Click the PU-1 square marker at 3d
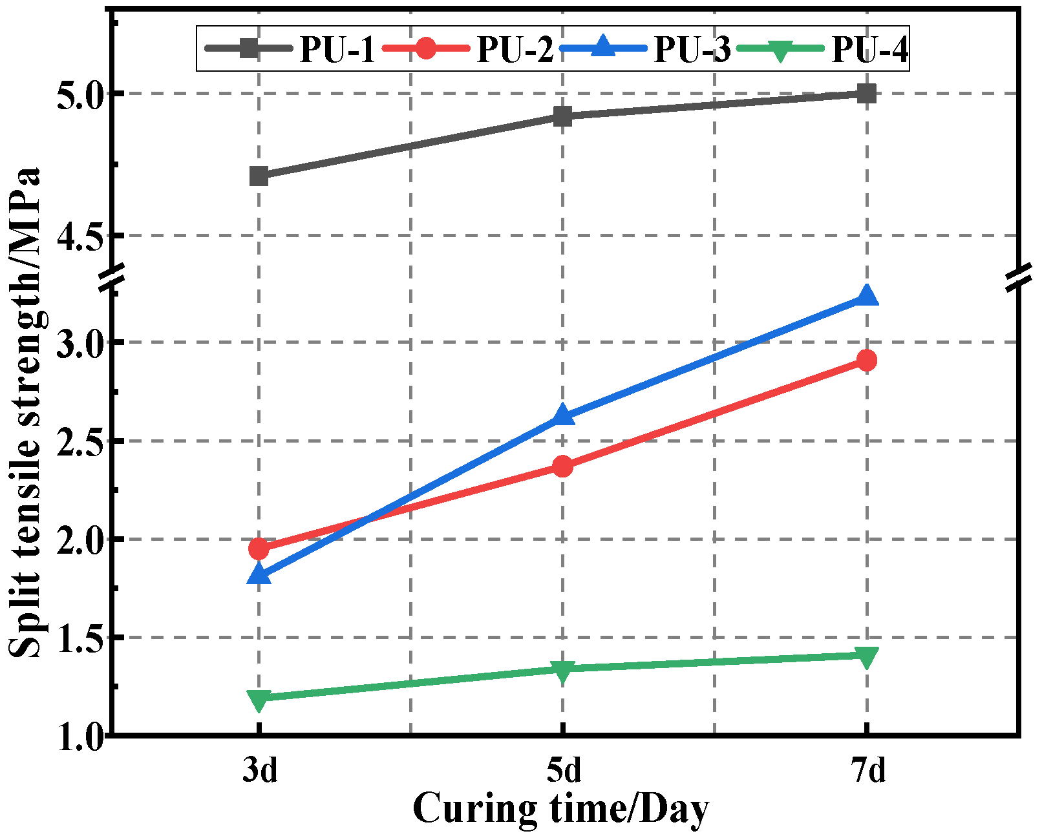click(x=259, y=176)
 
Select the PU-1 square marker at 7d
click(x=866, y=93)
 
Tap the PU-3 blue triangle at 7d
click(x=866, y=297)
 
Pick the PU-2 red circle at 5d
click(x=562, y=466)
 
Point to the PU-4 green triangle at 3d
click(x=259, y=699)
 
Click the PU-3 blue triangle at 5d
click(x=562, y=415)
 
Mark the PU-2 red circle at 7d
click(x=866, y=360)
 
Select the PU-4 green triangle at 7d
click(x=866, y=657)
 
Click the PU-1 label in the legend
click(x=337, y=49)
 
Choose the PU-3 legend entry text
click(x=692, y=49)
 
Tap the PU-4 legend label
click(x=869, y=49)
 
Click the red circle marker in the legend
click(x=426, y=48)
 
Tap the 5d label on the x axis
click(x=563, y=770)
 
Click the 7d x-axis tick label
click(x=867, y=770)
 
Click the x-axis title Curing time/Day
click(x=560, y=808)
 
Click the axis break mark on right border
click(x=1019, y=277)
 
